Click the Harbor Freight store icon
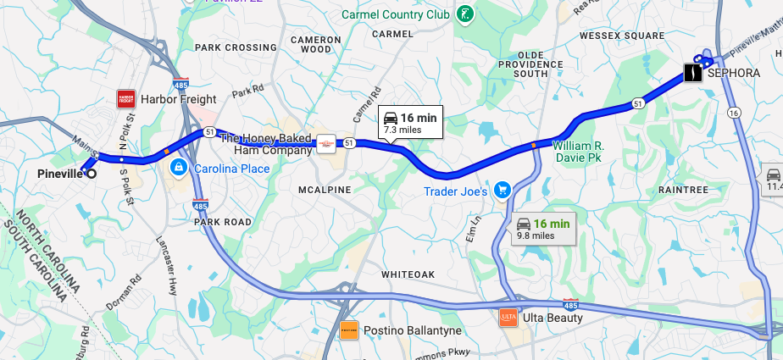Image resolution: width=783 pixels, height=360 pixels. pyautogui.click(x=126, y=99)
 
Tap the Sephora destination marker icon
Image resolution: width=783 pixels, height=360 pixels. pyautogui.click(x=693, y=74)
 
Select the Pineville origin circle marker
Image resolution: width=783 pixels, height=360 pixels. pyautogui.click(x=92, y=174)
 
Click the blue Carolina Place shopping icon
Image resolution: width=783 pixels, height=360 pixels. pyautogui.click(x=178, y=169)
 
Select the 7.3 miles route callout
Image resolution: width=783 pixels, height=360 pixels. pyautogui.click(x=410, y=123)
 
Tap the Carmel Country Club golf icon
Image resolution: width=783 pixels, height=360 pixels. pyautogui.click(x=464, y=14)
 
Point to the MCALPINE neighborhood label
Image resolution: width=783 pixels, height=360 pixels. pyautogui.click(x=324, y=190)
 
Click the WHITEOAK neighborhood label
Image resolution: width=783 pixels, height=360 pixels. pyautogui.click(x=408, y=274)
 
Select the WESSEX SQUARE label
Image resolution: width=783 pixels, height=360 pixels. pyautogui.click(x=622, y=36)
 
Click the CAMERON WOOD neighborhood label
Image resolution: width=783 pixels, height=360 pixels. pyautogui.click(x=316, y=45)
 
